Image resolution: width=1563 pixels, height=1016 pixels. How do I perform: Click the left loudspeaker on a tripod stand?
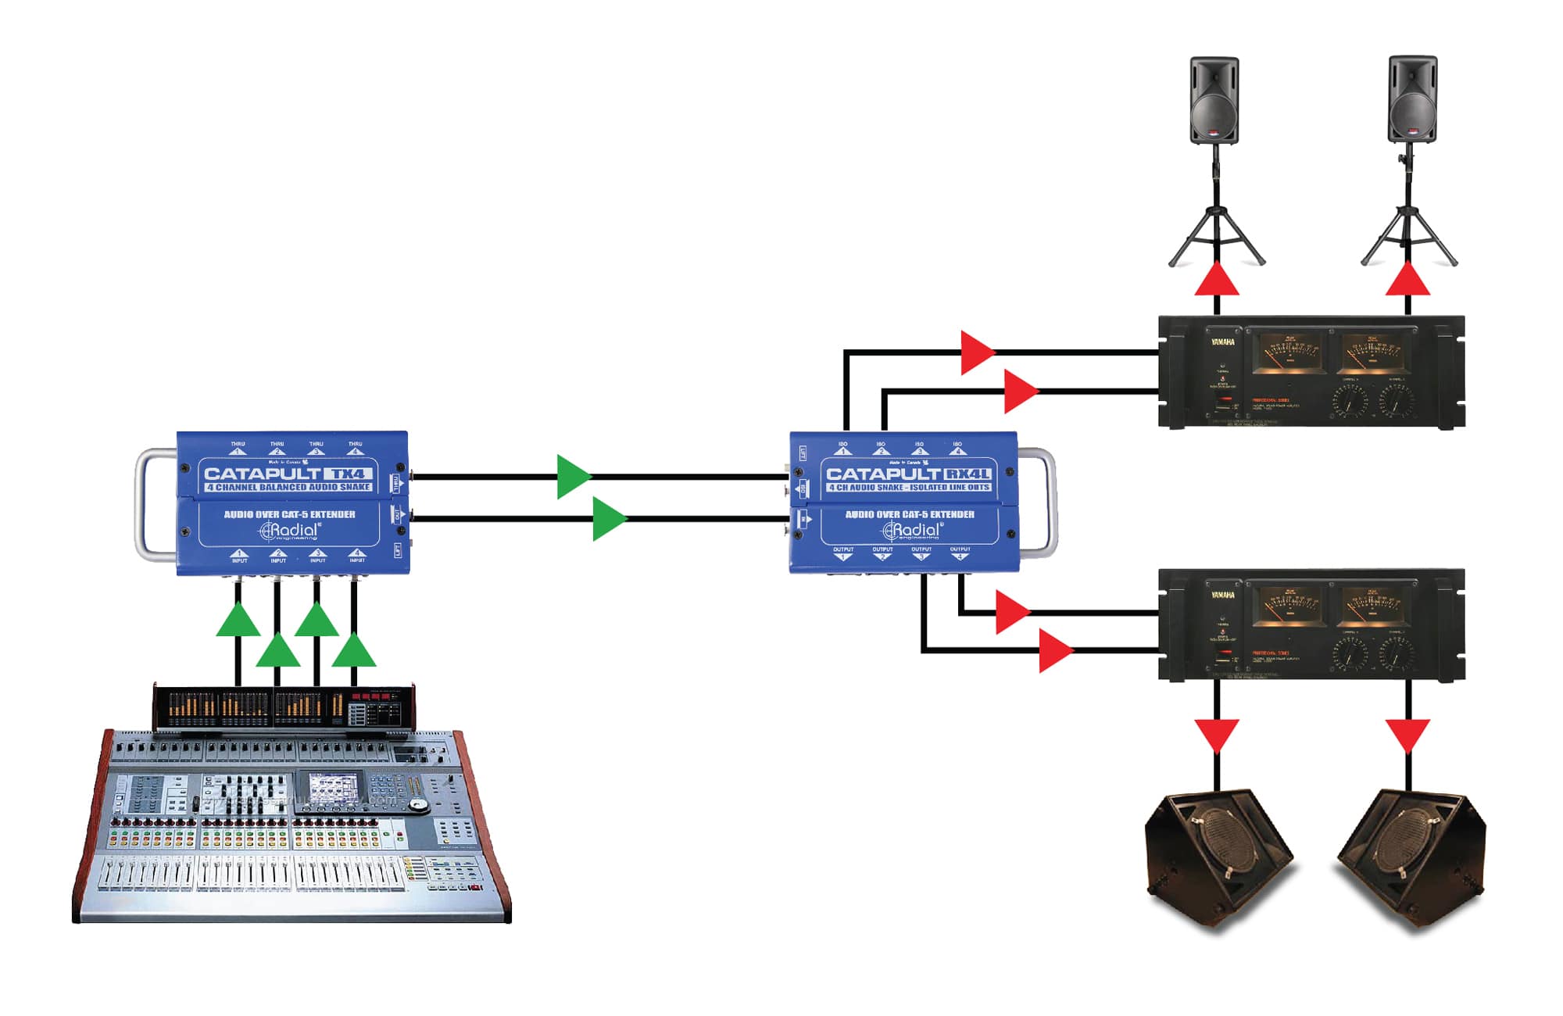coord(1214,100)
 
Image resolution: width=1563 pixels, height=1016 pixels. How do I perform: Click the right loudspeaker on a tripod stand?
coord(1412,100)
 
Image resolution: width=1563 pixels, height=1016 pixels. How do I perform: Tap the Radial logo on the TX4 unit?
coord(289,531)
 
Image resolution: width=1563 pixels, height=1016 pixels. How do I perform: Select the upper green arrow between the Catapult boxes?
coord(573,477)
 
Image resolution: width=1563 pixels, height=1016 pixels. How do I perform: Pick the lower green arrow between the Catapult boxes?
coord(609,519)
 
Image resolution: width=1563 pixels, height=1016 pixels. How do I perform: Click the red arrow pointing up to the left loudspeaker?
coord(1217,280)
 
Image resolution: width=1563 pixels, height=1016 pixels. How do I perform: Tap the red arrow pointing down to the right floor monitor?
coord(1408,735)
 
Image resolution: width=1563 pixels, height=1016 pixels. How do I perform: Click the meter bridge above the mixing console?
coord(284,707)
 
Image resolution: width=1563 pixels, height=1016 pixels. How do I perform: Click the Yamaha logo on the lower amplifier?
coord(1223,596)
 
